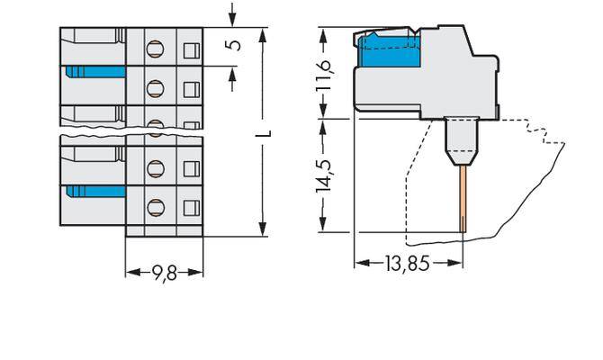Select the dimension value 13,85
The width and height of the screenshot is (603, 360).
[x=408, y=264]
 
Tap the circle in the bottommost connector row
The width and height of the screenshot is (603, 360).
[x=154, y=206]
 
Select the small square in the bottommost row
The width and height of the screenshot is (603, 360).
[x=191, y=206]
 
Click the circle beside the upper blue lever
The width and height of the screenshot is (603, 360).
[x=154, y=87]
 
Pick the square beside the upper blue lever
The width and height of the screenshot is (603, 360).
[x=191, y=87]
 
